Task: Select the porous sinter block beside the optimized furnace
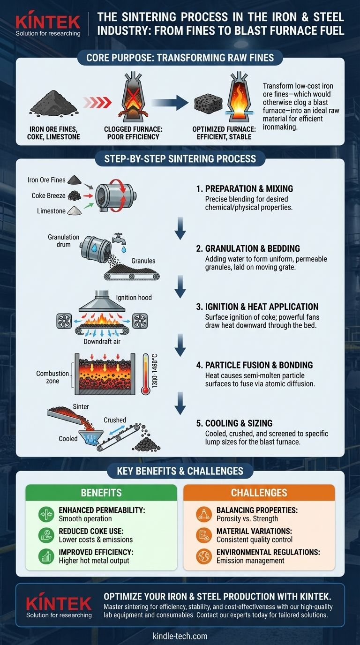pos(208,103)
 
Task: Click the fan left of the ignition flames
pos(64,321)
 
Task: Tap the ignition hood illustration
pos(102,301)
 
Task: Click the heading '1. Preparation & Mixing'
pos(245,188)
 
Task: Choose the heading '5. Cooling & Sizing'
pos(234,423)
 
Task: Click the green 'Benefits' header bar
pos(101,492)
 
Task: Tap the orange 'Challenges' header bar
pos(259,492)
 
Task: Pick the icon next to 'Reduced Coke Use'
pos(46,535)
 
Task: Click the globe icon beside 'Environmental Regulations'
pos(204,556)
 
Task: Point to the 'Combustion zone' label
pos(52,377)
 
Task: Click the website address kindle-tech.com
pos(180,636)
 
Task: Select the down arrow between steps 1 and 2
pos(180,228)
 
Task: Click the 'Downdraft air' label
pos(102,342)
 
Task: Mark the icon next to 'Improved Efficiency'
pos(46,556)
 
